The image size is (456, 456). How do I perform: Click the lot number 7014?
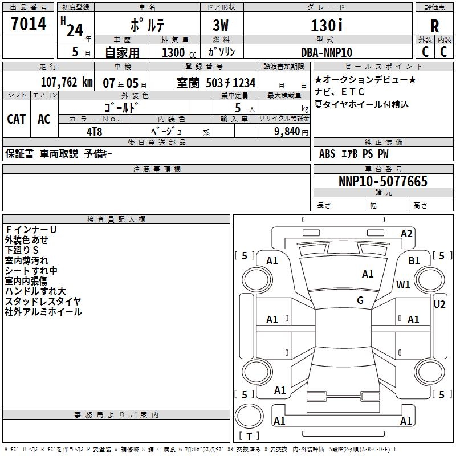point(28,25)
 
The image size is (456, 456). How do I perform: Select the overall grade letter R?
point(434,26)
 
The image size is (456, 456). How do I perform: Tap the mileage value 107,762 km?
point(67,82)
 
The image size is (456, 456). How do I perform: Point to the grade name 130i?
point(327,26)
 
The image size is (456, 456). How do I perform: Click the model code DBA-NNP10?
point(327,52)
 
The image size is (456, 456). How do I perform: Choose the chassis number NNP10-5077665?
point(382,182)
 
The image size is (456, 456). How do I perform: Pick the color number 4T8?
point(94,131)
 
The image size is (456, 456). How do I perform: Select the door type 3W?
point(221,26)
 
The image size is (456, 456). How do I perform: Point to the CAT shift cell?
point(17,119)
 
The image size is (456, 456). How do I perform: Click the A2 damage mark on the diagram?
point(406,233)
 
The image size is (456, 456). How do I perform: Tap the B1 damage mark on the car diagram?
point(414,260)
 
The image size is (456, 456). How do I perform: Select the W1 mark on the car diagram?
point(403,285)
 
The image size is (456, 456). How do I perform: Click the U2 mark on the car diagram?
point(439,304)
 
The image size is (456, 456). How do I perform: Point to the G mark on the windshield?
point(360,300)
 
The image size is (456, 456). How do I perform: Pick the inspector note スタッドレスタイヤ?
point(43,302)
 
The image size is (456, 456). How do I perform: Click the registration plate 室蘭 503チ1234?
point(215,83)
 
